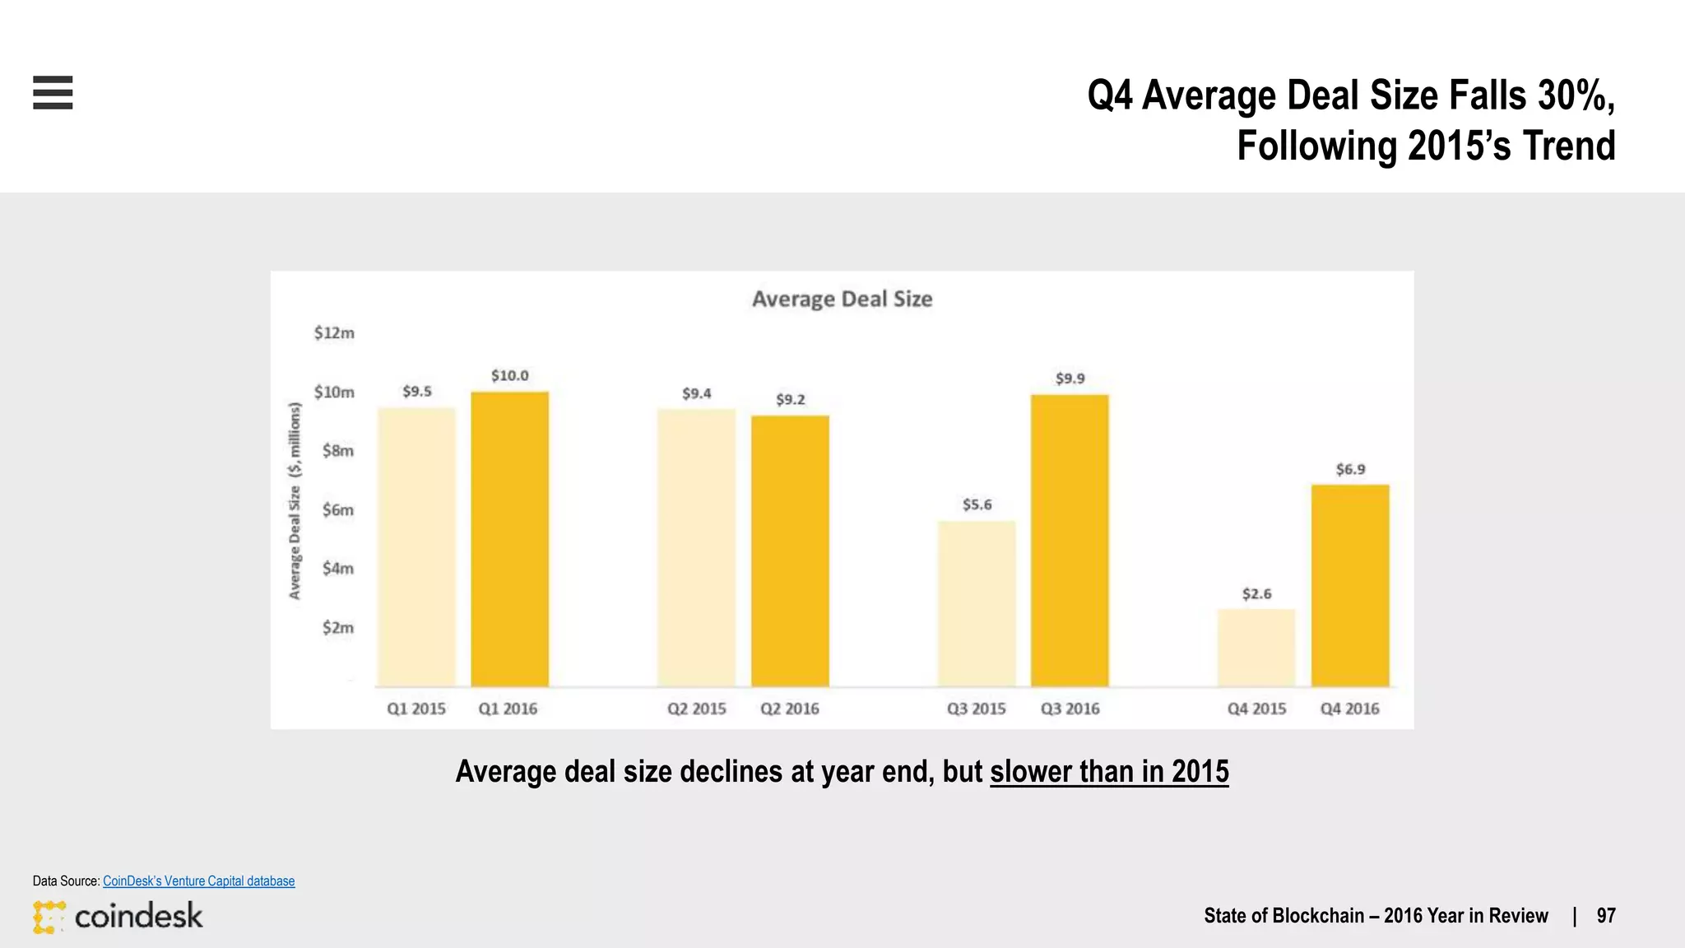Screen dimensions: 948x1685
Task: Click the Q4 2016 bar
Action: pos(1349,586)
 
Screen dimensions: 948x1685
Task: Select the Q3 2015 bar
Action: pos(977,604)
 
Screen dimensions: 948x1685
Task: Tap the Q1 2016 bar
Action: pos(509,539)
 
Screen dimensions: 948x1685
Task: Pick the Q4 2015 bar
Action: pos(1256,648)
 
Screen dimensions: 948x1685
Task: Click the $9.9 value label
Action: pos(1070,379)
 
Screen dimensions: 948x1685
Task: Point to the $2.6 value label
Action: pos(1256,593)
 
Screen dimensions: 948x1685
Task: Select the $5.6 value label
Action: pos(977,504)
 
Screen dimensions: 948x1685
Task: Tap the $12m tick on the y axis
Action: pos(334,332)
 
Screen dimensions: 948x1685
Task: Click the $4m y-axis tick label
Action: pos(337,568)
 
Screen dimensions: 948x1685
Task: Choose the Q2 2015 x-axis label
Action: pos(696,709)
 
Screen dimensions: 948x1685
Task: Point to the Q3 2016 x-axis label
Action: pos(1070,709)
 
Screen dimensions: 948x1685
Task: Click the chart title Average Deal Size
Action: pos(842,299)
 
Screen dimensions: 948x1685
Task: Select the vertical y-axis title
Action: pos(295,500)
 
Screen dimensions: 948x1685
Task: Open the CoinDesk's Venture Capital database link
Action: pos(198,881)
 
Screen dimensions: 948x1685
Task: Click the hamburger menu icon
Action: pos(53,92)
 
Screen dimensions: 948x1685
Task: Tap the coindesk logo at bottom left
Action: pos(118,916)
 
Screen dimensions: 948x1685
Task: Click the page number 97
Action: pos(1605,916)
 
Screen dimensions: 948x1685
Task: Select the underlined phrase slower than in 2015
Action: pos(1108,772)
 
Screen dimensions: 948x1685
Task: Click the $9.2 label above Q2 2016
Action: pos(790,399)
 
